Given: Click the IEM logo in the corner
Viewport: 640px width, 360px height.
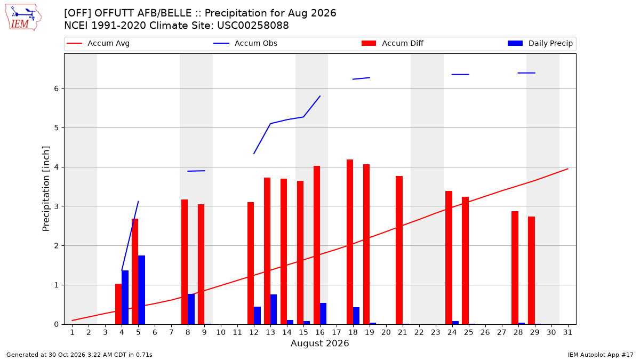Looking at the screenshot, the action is pos(23,18).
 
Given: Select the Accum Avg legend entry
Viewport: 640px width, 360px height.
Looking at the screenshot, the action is pos(98,43).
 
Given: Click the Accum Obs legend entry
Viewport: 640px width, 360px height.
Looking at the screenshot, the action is pos(245,43).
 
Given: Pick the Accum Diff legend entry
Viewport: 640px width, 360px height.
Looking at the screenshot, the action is pos(393,43).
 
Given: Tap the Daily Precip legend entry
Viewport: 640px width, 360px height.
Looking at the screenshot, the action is pos(540,43).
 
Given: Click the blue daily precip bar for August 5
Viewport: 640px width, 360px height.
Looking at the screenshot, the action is pos(142,290).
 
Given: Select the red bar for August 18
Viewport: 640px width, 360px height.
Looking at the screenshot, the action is pos(350,242).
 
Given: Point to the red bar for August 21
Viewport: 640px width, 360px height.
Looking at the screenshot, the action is pos(399,250).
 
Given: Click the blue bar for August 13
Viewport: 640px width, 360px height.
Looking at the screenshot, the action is pos(274,309).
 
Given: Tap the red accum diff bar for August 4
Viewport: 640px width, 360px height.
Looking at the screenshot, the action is pos(118,304).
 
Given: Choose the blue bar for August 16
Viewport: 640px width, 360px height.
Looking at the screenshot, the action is pos(323,314).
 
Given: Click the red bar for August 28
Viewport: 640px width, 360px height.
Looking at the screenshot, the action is pos(515,268).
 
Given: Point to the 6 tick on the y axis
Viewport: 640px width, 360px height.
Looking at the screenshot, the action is pos(57,89).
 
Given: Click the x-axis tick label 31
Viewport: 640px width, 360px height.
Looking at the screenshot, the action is pos(567,333).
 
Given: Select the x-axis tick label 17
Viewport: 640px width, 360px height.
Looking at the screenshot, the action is pos(337,333).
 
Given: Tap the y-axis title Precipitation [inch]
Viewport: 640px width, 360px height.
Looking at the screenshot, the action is pos(46,189).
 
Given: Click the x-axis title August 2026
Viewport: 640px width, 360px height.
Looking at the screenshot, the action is pos(319,343).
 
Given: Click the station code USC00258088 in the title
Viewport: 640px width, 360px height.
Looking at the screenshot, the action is pos(253,26).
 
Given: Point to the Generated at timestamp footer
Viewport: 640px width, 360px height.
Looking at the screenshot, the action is pos(79,355).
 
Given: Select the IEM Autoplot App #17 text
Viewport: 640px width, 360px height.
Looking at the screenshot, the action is pos(601,355).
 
